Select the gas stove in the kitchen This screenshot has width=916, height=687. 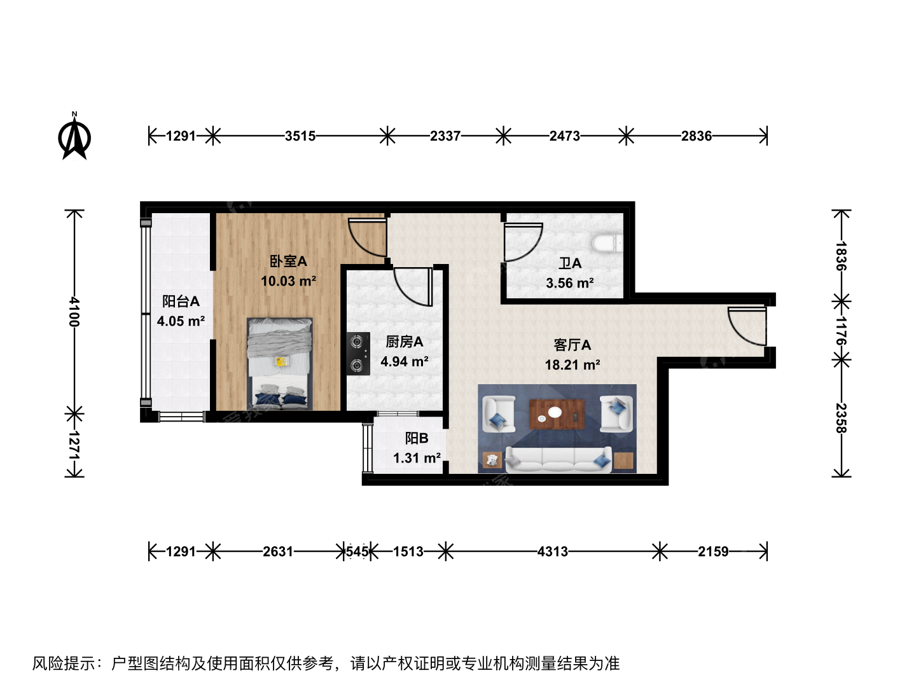pos(358,353)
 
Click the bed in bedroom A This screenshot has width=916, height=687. pos(280,364)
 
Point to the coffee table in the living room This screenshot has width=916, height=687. pos(557,413)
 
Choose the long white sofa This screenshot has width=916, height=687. pos(559,459)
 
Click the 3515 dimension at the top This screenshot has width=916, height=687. pos(300,136)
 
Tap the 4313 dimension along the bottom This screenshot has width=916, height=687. pos(553,552)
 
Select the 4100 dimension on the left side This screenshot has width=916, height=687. pos(74,312)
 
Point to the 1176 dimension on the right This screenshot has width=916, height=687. pos(840,330)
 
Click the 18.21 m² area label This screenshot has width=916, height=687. pos(572,365)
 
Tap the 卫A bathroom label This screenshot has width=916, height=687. pos(570,263)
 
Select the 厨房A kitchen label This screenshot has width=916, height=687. pos(404,342)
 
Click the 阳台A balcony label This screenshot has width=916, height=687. pos(181,301)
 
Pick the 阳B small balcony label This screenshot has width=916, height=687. pos(417,438)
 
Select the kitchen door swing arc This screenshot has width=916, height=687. pos(412,287)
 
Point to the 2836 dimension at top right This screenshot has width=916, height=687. pos(697,136)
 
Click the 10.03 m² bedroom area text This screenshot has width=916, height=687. pos(288,281)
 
